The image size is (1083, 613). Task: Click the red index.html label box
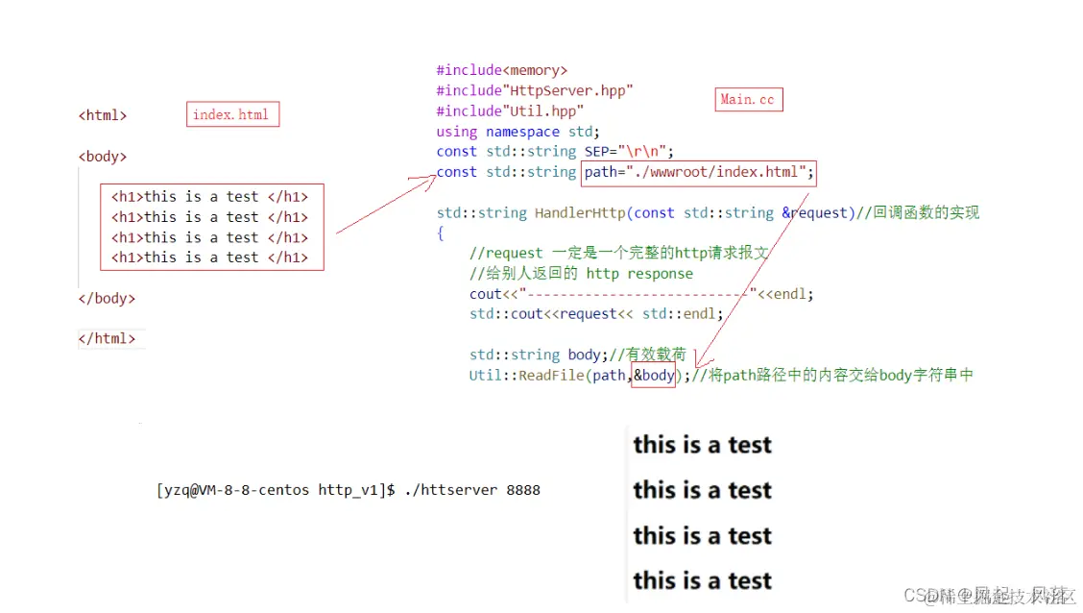[231, 115]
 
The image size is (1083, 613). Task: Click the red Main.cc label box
[749, 100]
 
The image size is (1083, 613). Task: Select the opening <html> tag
[103, 115]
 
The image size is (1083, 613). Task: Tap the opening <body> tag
[103, 157]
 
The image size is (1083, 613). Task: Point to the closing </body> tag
[107, 298]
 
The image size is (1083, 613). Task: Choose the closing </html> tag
[107, 338]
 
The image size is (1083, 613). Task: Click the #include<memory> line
[501, 70]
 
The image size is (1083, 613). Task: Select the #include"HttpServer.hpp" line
[535, 90]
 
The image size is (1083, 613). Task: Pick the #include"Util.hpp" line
[510, 111]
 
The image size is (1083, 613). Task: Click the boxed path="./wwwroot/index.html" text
[699, 172]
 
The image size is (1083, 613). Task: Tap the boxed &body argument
[654, 375]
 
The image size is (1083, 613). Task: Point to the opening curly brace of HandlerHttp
[441, 233]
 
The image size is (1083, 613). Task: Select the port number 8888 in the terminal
[523, 490]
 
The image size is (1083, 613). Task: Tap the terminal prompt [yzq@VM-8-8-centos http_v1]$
[276, 490]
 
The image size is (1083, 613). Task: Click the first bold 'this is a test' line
[702, 445]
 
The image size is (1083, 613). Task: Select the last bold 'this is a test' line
[702, 580]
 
